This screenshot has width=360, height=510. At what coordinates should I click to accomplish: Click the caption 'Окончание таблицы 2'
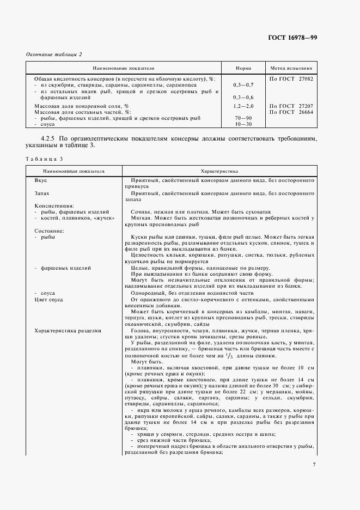[54, 54]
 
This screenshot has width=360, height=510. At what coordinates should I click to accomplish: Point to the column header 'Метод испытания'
[291, 69]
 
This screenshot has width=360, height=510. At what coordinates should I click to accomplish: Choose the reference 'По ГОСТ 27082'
[291, 78]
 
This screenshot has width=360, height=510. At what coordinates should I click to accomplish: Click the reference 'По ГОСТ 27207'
[291, 105]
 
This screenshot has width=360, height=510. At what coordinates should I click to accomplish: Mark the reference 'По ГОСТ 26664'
[291, 111]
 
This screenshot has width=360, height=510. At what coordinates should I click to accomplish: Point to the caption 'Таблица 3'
[44, 159]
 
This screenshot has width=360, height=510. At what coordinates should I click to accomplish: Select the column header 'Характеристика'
[217, 171]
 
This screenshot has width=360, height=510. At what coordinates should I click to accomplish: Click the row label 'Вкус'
[41, 180]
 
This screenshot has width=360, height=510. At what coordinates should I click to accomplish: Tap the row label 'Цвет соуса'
[49, 300]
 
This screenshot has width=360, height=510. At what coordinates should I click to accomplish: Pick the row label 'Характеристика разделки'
[68, 331]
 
